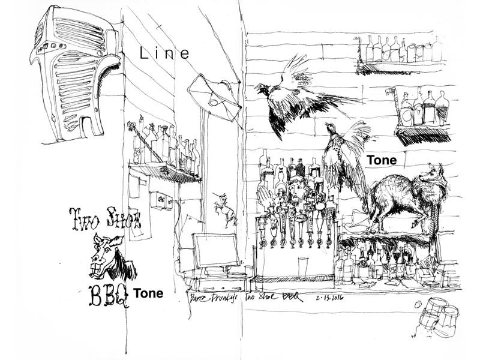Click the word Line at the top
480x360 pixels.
tap(164, 53)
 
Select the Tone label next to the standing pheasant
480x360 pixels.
tap(382, 160)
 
